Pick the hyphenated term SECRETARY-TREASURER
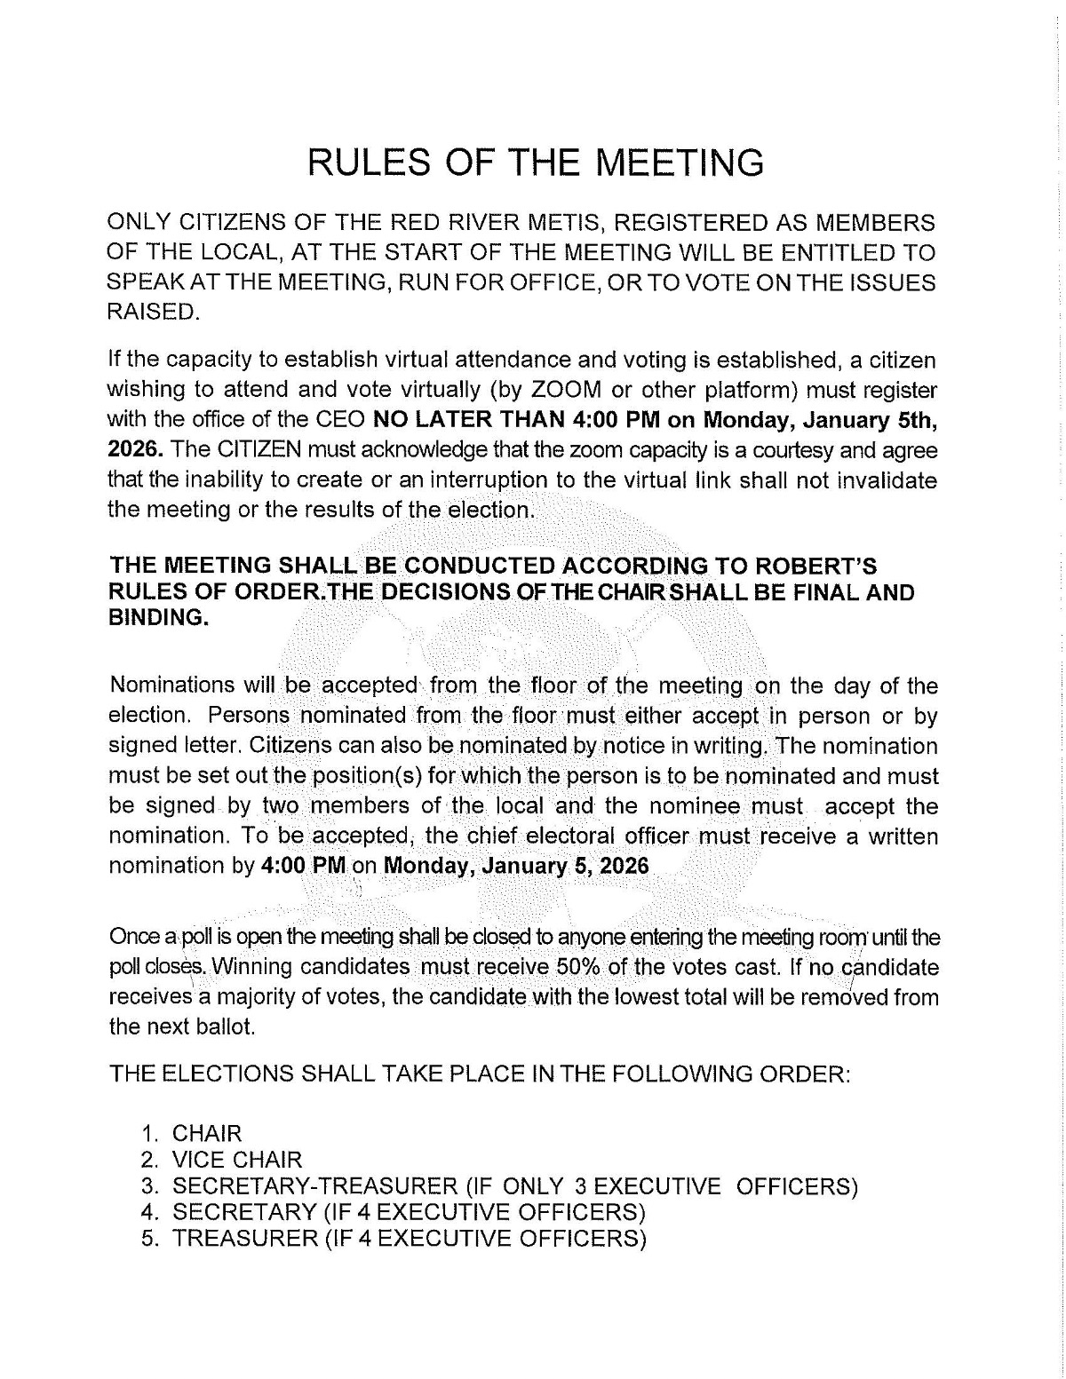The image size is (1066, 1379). (x=313, y=1186)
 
